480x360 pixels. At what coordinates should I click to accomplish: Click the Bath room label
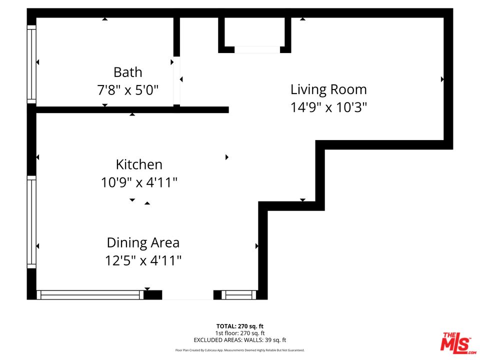click(x=128, y=72)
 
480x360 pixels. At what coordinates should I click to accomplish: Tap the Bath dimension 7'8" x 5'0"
click(x=128, y=90)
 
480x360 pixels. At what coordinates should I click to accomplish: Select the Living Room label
click(x=328, y=89)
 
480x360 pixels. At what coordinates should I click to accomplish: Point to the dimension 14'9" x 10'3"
click(x=328, y=107)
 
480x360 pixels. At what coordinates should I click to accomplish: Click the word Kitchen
click(x=139, y=164)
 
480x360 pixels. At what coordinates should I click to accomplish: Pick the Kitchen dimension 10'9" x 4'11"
click(x=139, y=182)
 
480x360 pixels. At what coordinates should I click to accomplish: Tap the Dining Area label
click(x=143, y=243)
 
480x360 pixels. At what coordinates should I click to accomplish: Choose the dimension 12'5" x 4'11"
click(x=143, y=260)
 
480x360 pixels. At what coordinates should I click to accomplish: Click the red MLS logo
click(x=455, y=343)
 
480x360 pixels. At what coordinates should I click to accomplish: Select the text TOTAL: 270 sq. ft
click(x=240, y=326)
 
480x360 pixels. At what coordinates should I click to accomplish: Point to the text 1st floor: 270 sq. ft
click(x=240, y=333)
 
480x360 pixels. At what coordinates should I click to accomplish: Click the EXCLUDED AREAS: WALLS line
click(x=240, y=340)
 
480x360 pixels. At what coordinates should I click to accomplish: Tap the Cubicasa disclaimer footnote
click(x=240, y=350)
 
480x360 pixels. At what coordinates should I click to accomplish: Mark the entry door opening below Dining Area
click(x=187, y=295)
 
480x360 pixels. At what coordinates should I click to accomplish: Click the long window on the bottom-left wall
click(x=90, y=295)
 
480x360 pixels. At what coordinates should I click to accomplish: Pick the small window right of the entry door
click(x=238, y=295)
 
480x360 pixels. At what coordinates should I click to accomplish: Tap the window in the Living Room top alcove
click(x=257, y=49)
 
